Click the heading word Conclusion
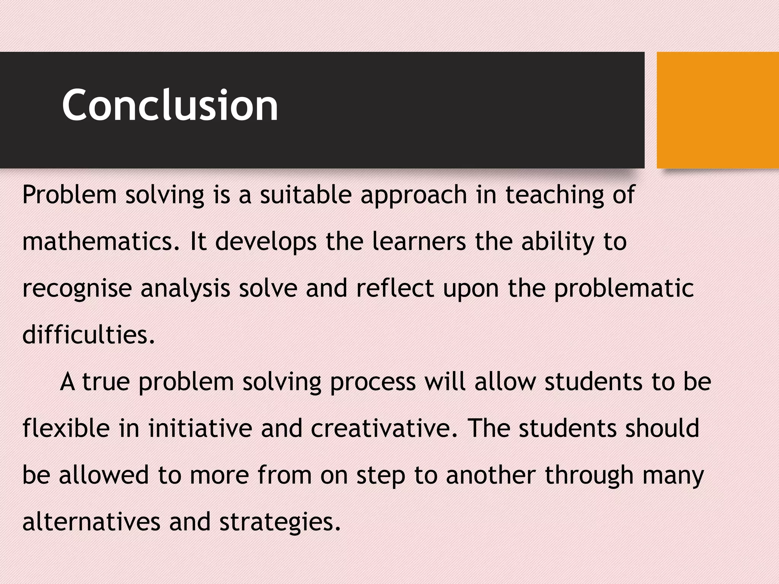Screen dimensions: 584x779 (170, 105)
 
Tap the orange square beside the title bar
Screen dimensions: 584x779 (717, 110)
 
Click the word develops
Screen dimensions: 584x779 (266, 243)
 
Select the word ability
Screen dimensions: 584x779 (558, 243)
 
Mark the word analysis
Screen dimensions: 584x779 (186, 289)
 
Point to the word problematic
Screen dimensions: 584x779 (624, 289)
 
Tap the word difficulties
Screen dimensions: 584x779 (89, 335)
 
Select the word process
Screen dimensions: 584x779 (373, 382)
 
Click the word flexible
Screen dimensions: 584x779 (66, 428)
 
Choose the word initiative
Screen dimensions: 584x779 (200, 428)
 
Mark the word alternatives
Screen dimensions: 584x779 (91, 522)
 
